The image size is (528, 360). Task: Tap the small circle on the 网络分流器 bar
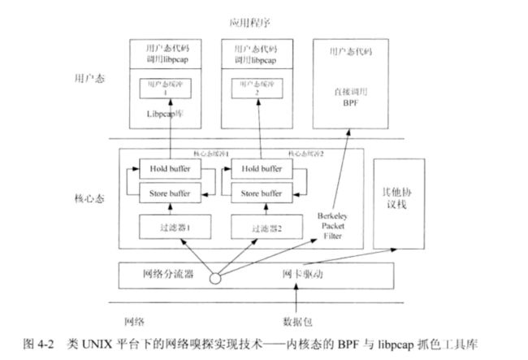tap(214, 277)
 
